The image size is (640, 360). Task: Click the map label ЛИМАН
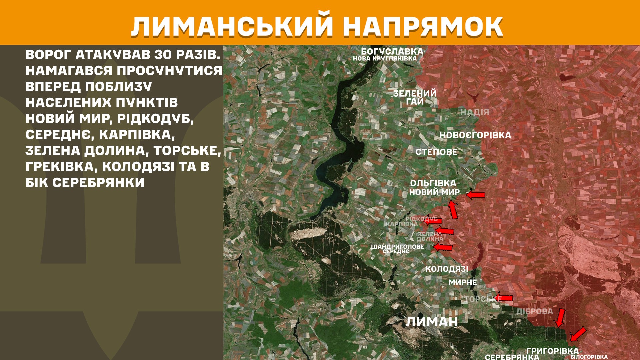[432, 322]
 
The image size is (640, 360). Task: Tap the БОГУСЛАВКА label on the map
[392, 52]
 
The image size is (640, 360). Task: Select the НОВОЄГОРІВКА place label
[475, 135]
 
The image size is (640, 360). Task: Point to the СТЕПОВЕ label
[436, 152]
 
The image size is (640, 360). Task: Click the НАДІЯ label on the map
[475, 112]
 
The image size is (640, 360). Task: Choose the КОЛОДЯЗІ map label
[447, 269]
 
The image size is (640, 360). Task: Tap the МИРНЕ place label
[462, 282]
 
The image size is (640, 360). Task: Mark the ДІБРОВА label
[534, 311]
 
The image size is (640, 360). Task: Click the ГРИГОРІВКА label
[552, 351]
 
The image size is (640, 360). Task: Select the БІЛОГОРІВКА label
[589, 357]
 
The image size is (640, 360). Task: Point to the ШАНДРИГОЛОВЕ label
[397, 247]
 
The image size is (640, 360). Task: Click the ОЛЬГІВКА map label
[433, 183]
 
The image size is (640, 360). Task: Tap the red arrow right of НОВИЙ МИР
[476, 195]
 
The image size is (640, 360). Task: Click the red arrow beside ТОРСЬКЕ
[504, 298]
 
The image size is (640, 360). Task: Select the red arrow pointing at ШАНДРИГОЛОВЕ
[443, 247]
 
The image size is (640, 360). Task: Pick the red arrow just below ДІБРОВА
[560, 318]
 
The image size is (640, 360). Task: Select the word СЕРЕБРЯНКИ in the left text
[98, 183]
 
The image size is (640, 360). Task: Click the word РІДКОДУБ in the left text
[155, 119]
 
